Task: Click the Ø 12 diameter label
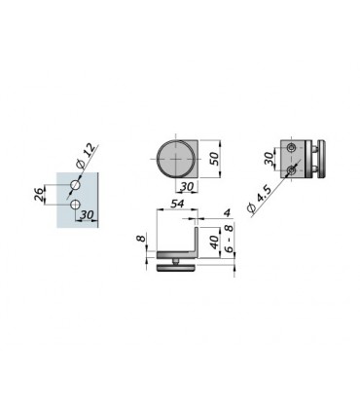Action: pos(86,156)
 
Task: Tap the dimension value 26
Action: pos(39,195)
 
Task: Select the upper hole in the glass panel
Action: pos(75,185)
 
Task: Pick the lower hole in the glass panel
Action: pos(75,205)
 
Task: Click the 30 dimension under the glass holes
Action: pos(87,214)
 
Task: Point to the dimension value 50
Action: pos(214,158)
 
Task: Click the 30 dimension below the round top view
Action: pos(187,186)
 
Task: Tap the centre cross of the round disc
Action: pos(176,159)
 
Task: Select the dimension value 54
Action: pos(177,204)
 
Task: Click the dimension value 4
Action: pos(227,213)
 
